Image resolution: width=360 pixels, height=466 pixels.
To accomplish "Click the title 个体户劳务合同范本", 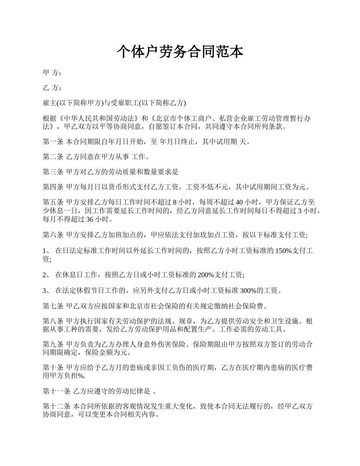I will (180, 52).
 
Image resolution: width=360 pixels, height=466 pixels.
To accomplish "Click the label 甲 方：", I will (52, 73).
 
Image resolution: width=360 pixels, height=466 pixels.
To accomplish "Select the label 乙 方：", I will (52, 88).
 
